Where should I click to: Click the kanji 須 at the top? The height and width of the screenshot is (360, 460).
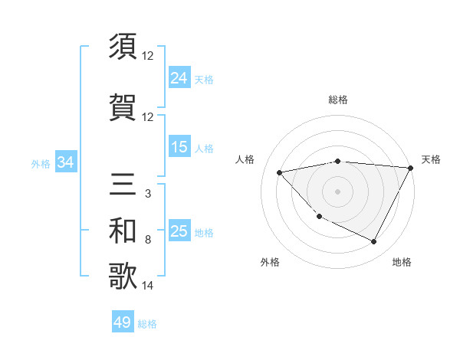coord(123,47)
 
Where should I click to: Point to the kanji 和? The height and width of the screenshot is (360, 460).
coord(123,231)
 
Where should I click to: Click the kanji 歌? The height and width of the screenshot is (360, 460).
coord(123,277)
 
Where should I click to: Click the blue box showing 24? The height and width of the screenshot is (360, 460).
coord(179,77)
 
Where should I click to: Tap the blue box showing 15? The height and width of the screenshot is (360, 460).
coord(179,147)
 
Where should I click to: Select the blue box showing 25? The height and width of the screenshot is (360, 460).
coord(179,231)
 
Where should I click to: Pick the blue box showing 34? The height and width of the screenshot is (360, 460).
coord(65,162)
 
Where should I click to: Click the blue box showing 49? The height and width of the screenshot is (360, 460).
coord(123,322)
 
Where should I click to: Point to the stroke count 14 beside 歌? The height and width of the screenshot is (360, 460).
coord(149,286)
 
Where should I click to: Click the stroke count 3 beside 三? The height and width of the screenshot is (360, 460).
coord(147,194)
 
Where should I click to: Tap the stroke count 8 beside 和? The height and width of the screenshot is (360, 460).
coord(147,240)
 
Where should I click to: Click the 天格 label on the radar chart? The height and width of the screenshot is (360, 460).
coord(431,159)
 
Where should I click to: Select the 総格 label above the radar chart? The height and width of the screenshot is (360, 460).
coord(338,100)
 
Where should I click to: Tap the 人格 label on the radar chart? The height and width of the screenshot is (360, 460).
coord(245,159)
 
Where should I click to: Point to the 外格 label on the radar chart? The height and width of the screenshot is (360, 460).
coord(270,262)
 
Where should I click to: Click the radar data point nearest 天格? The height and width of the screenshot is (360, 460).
coord(411,168)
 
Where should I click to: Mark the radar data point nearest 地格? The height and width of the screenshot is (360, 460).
coord(374,242)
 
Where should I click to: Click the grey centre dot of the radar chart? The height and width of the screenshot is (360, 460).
coord(338,191)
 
